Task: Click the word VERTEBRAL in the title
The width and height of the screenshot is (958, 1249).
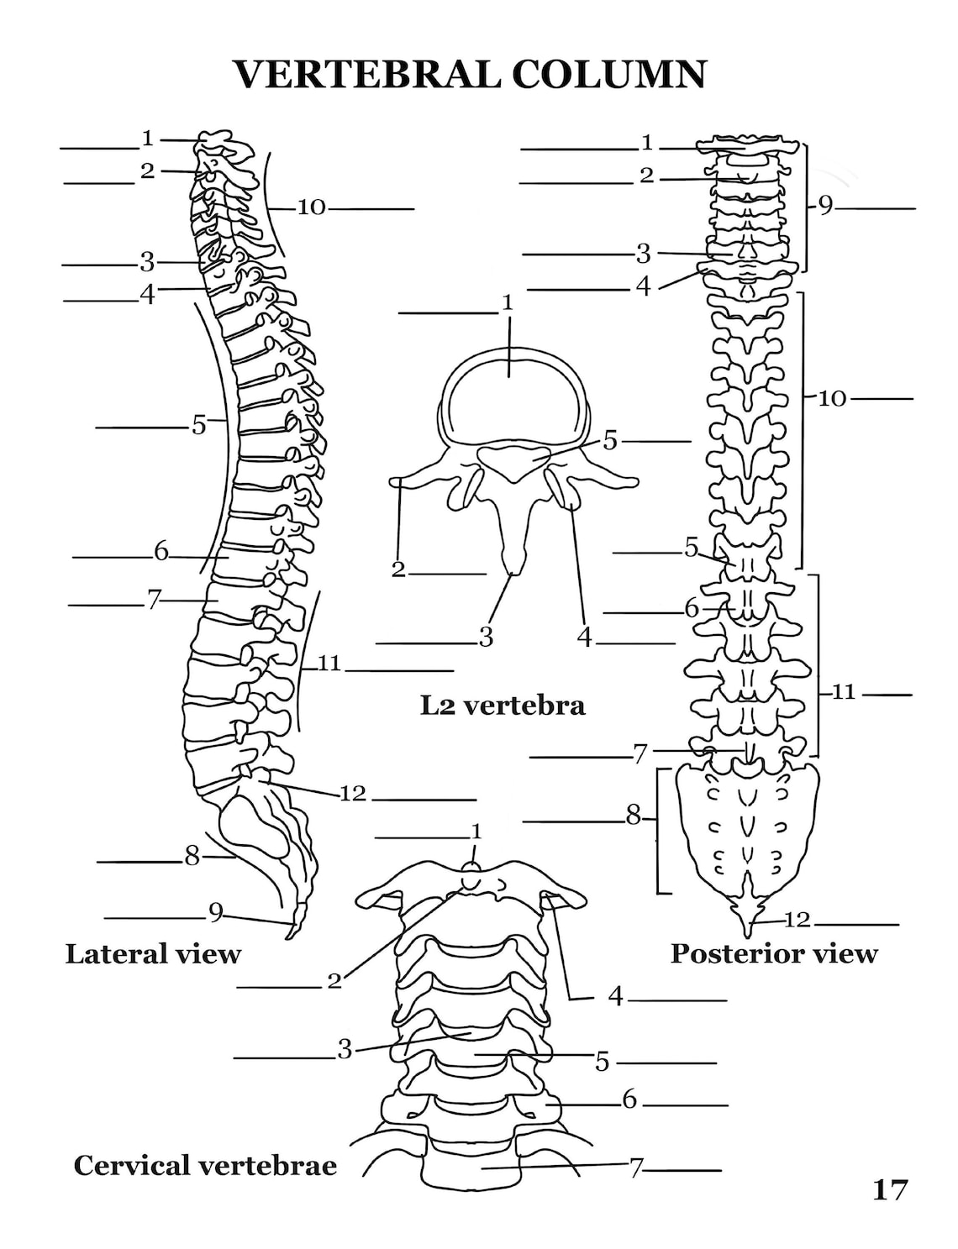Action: point(367,74)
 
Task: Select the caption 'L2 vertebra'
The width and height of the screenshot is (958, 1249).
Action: point(503,706)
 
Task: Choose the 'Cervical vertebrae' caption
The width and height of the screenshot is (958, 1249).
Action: point(205,1166)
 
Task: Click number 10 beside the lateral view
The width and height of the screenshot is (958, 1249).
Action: point(312,207)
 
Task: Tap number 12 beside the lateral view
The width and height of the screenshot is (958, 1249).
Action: point(353,794)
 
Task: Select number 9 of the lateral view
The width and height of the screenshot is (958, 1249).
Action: point(216,912)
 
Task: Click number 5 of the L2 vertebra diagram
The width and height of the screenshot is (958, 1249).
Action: point(609,441)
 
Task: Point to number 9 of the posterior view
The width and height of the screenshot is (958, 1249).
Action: point(826,206)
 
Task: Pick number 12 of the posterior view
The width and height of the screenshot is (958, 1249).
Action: point(797,921)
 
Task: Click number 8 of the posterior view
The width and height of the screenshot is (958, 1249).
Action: point(633,815)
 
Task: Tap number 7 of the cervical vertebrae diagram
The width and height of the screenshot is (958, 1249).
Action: point(635,1168)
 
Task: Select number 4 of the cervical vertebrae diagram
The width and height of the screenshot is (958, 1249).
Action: point(616,996)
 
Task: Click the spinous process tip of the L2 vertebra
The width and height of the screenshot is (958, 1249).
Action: point(513,572)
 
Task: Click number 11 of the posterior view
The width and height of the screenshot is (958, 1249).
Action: point(845,692)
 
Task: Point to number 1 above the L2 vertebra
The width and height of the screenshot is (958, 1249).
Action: point(508,303)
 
